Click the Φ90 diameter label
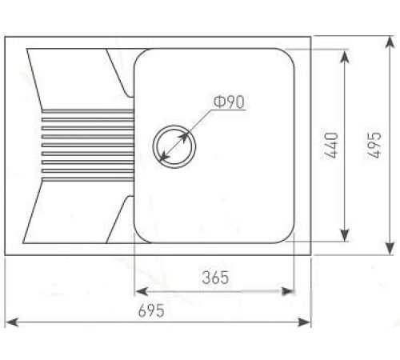point(229,102)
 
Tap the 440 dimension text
point(331,146)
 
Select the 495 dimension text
point(374,145)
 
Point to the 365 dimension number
point(215,278)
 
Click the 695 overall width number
point(151,310)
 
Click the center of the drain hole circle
point(174,146)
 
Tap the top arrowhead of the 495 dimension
point(390,42)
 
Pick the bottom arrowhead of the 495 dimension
point(390,248)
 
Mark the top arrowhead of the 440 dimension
point(345,56)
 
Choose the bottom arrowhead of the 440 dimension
point(345,235)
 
